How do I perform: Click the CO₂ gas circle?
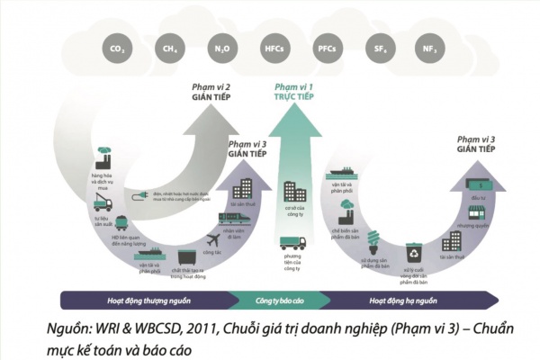click(115, 48)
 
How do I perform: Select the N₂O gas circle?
click(220, 48)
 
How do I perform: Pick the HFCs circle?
click(274, 48)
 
